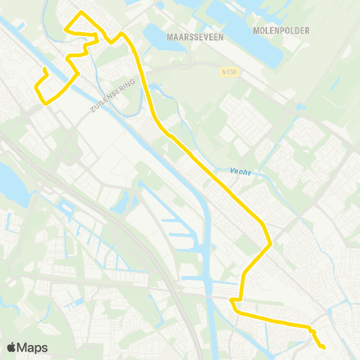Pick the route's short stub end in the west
(44, 70)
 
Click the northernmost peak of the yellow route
(81, 13)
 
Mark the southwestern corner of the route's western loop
(43, 103)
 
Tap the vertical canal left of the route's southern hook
(215, 315)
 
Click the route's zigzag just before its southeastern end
(313, 331)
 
